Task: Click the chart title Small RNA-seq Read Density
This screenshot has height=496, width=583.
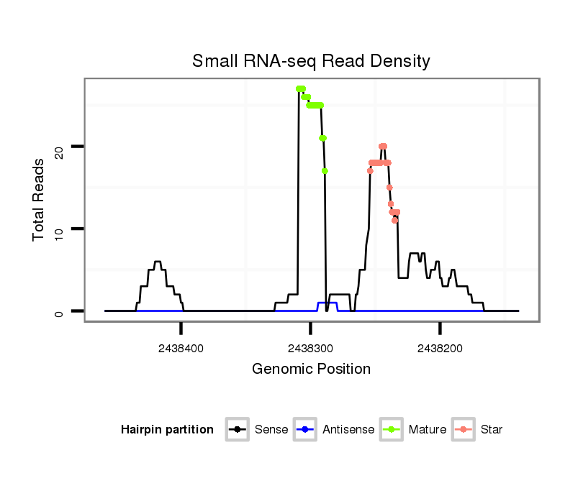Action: tap(311, 61)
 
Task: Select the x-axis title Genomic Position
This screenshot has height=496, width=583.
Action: tap(311, 369)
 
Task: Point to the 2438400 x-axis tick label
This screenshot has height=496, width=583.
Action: tap(181, 348)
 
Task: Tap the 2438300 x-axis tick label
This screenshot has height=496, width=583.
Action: tap(310, 348)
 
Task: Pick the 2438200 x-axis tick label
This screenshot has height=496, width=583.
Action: tap(440, 348)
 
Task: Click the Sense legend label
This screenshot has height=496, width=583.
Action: tap(271, 430)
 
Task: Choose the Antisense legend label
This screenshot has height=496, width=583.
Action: tap(348, 430)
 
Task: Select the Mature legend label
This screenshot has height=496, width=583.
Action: tap(428, 430)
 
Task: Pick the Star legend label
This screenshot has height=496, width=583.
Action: tap(492, 430)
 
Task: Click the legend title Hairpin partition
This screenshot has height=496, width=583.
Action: tap(167, 430)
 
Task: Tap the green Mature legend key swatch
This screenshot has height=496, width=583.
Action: tap(392, 430)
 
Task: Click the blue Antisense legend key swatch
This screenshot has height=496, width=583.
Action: tap(306, 430)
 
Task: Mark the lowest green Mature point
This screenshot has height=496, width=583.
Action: tap(325, 171)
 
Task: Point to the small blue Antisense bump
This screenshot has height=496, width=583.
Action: tap(327, 303)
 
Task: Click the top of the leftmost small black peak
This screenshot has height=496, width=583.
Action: tap(158, 262)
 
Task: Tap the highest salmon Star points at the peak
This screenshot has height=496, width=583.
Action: tap(383, 147)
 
